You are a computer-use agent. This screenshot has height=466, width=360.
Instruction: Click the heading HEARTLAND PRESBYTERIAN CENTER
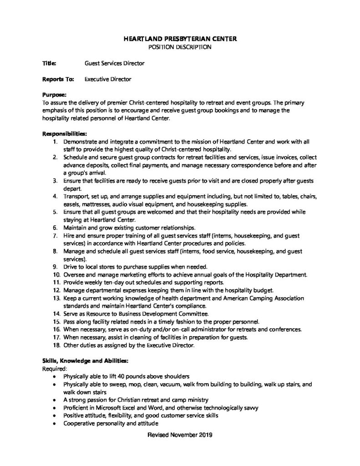[180, 39]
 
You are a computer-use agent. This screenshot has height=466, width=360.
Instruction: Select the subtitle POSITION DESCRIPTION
[180, 47]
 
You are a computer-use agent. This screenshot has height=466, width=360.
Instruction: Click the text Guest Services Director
[115, 63]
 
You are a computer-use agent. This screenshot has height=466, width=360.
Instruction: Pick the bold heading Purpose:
[55, 95]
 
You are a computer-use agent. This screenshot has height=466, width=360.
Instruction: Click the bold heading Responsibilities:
[64, 134]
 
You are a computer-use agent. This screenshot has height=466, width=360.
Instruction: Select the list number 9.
[54, 266]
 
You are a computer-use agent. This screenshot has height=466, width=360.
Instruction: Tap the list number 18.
[54, 345]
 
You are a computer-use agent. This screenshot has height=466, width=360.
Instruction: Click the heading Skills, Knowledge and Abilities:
[86, 360]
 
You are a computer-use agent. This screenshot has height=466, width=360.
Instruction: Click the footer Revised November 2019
[180, 435]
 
